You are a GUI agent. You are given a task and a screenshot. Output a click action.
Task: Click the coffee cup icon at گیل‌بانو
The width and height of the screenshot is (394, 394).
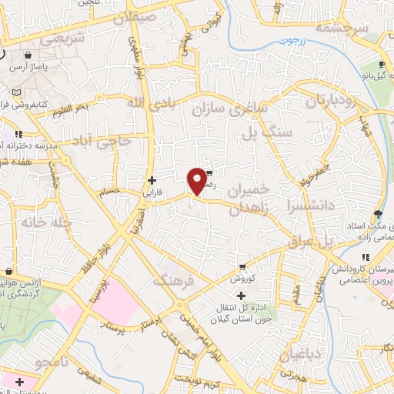381,65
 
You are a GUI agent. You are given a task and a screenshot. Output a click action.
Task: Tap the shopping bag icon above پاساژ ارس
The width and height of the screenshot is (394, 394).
28,56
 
